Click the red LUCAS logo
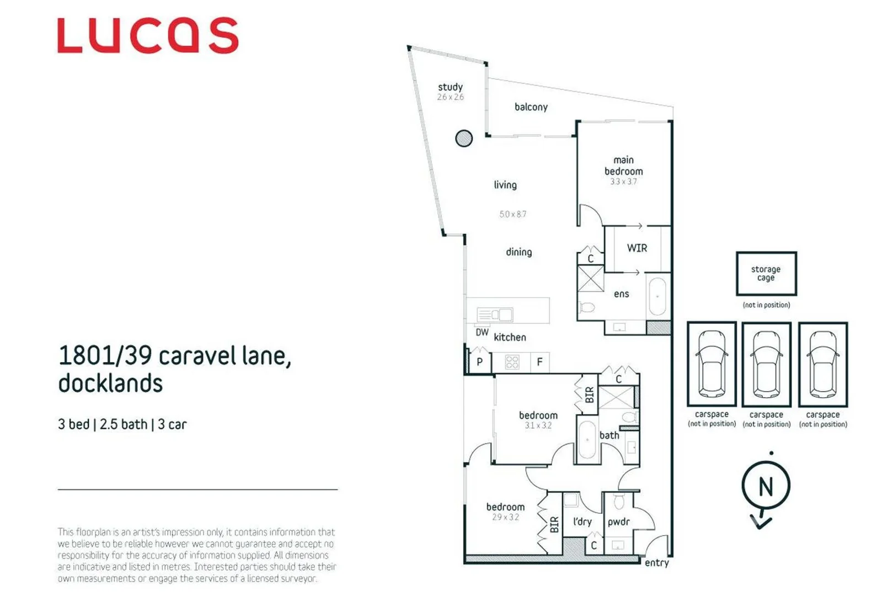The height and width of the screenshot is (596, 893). coord(148,35)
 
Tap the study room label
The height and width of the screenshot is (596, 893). coord(450,87)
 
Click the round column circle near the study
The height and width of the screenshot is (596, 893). coord(464,138)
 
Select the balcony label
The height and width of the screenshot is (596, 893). coord(531,107)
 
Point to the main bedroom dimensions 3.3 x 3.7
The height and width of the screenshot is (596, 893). coord(623,182)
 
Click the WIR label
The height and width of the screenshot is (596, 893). coord(637,248)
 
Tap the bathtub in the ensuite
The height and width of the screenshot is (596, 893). coord(657,296)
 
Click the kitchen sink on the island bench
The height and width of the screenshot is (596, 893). coord(495,315)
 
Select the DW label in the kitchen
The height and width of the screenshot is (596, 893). coord(482,332)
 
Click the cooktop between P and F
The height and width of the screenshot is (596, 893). coord(512,362)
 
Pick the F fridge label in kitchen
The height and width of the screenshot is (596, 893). coord(539,362)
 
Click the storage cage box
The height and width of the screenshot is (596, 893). coord(766,274)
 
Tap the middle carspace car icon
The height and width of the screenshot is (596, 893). coord(766,365)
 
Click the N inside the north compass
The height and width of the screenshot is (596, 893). coord(766,487)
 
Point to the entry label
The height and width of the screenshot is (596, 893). coord(656,563)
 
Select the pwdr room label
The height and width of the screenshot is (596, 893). coord(618,522)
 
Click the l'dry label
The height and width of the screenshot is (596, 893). coord(582,521)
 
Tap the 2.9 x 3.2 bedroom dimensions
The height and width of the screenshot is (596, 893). coord(505,518)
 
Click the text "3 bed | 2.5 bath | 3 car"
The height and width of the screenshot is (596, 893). coord(122,424)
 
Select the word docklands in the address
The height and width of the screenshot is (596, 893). coord(110,384)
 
